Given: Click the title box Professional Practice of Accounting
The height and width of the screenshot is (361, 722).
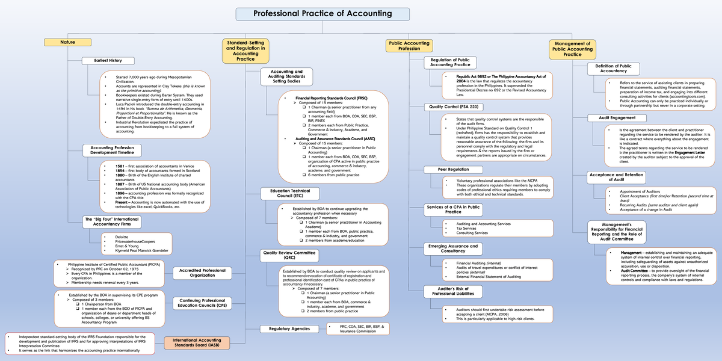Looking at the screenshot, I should tap(322, 14).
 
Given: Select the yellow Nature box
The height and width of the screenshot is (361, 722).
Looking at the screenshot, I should tap(67, 42).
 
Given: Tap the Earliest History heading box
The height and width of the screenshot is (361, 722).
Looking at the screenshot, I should tap(108, 61).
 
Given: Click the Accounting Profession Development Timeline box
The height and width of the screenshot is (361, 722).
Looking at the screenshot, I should tap(112, 150).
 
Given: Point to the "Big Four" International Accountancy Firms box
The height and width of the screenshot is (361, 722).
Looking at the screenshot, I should tap(112, 222).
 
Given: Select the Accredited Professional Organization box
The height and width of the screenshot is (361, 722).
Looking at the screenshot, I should tap(202, 273).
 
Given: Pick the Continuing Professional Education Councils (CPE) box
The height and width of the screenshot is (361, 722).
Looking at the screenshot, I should tap(202, 303).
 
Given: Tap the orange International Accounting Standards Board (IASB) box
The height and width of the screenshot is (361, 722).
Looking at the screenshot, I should tap(197, 344).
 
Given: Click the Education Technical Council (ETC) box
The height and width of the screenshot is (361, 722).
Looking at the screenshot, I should tap(285, 193).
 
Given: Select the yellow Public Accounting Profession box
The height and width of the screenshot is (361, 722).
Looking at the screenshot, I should tap(409, 46).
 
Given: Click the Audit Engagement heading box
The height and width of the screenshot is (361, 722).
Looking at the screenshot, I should tap(617, 118).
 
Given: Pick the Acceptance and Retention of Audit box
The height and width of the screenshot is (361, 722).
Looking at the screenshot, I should tap(617, 177).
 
